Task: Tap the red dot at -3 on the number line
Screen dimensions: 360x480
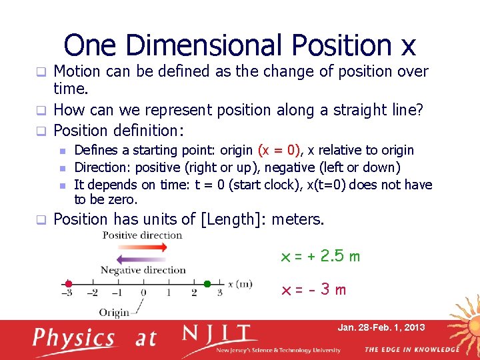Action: pyautogui.click(x=68, y=283)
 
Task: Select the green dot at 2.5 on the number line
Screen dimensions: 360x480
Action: pyautogui.click(x=207, y=283)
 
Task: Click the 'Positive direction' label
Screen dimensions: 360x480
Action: pyautogui.click(x=142, y=235)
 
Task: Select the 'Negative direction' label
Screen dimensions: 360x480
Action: pyautogui.click(x=143, y=270)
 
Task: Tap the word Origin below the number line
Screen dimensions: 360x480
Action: pyautogui.click(x=114, y=312)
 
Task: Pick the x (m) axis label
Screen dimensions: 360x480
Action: pyautogui.click(x=240, y=284)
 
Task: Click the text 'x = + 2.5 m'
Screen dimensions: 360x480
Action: pyautogui.click(x=321, y=257)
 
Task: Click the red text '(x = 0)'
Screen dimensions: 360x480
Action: pyautogui.click(x=279, y=150)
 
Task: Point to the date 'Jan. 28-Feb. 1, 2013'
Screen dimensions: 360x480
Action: pyautogui.click(x=381, y=327)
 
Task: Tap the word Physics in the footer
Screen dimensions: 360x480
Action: pyautogui.click(x=74, y=338)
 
